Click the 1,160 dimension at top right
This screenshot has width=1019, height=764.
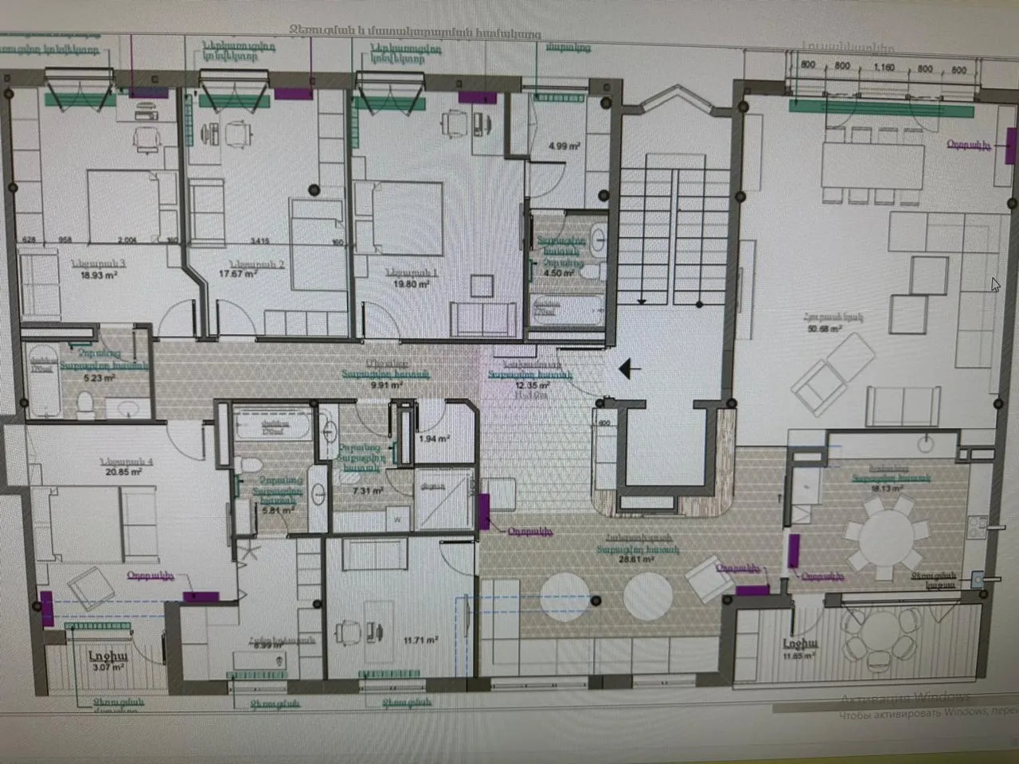point(885,68)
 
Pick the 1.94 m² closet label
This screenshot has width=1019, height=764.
point(435,439)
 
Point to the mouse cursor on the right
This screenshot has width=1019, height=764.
point(995,284)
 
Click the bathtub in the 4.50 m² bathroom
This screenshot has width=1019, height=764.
point(548,309)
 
